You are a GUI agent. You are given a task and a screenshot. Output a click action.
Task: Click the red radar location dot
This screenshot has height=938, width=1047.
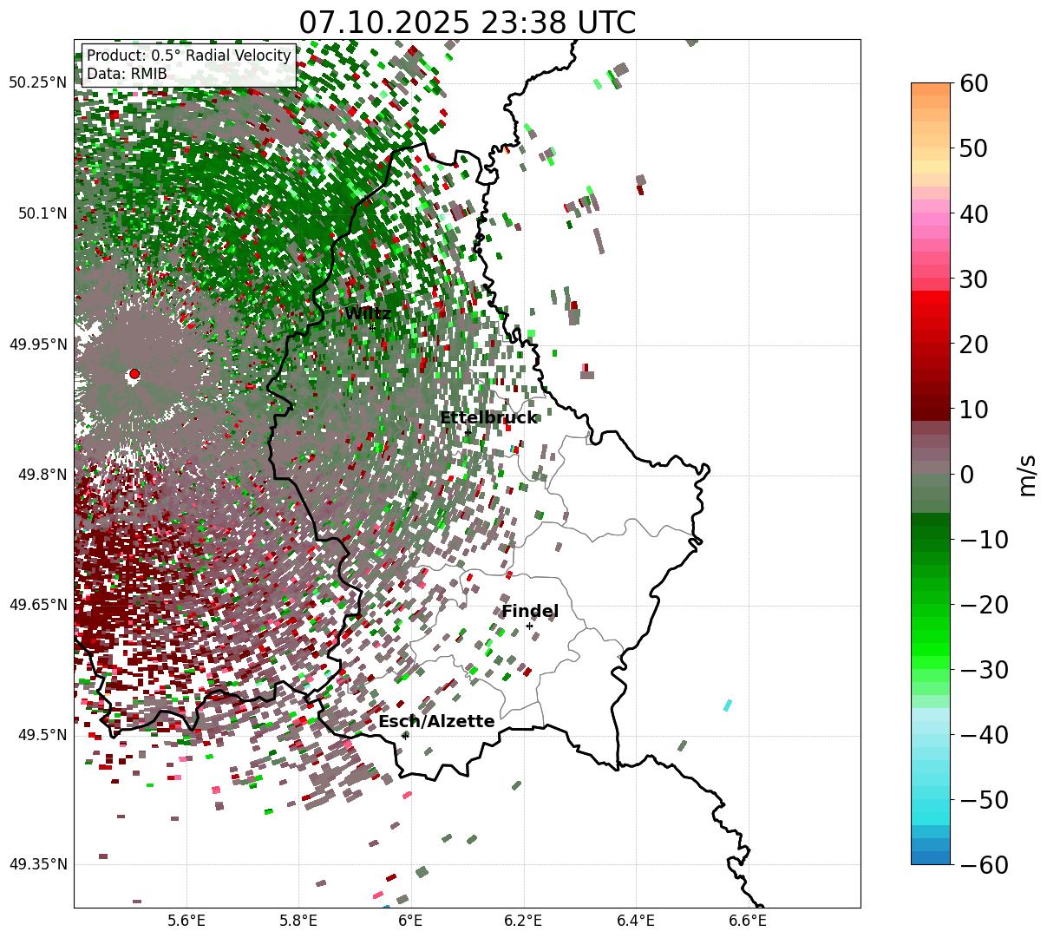tap(134, 374)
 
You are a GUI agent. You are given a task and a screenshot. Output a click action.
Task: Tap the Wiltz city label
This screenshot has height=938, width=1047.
tap(368, 313)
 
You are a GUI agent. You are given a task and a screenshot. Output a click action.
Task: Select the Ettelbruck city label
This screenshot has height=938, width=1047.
tap(488, 417)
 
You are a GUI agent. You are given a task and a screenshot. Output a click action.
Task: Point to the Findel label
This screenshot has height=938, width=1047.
tap(530, 611)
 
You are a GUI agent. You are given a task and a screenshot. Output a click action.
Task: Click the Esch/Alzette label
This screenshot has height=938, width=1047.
tap(436, 721)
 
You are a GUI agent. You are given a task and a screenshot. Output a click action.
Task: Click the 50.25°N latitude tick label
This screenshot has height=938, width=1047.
tap(37, 82)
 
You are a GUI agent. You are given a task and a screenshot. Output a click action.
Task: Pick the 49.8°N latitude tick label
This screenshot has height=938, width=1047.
tap(40, 475)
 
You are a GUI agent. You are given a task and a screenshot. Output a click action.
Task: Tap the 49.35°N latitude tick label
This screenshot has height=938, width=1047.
tap(37, 864)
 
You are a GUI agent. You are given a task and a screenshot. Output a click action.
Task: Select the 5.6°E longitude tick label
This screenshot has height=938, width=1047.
tap(186, 921)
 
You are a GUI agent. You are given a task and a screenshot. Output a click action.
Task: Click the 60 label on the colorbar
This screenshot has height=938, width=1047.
tap(975, 84)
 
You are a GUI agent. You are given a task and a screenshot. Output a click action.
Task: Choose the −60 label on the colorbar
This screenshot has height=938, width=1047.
tap(984, 865)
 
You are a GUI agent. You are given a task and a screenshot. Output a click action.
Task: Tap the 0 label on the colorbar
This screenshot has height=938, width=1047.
tap(966, 475)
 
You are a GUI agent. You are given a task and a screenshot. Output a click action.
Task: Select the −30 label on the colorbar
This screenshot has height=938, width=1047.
tap(984, 670)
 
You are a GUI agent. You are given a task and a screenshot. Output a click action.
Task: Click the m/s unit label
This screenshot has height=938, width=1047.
tap(1027, 475)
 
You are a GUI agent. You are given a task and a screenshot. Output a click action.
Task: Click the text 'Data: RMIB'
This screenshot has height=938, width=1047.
tap(127, 74)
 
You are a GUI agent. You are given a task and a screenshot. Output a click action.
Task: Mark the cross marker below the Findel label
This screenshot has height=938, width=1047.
tap(530, 626)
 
